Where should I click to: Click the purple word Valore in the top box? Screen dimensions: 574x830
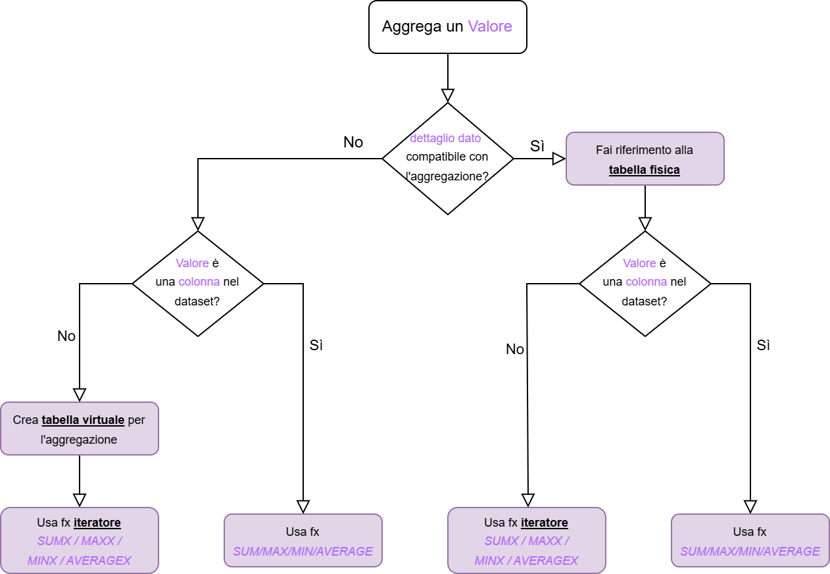(489, 27)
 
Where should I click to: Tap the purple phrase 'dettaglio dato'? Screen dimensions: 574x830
(445, 138)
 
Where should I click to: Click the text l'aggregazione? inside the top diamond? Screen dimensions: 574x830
(447, 176)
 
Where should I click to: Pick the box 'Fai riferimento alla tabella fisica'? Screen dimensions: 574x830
(645, 159)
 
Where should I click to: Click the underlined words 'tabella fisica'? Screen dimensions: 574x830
(644, 170)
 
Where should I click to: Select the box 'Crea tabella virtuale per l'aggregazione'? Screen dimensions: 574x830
(79, 429)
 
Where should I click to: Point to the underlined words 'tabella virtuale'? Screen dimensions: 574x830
(84, 420)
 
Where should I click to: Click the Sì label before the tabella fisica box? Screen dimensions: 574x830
(537, 146)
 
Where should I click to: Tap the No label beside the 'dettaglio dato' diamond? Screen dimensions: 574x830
(353, 142)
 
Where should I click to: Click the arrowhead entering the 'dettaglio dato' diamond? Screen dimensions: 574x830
(448, 95)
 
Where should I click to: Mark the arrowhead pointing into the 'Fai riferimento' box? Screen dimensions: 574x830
(559, 159)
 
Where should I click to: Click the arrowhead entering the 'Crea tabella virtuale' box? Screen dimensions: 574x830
(80, 395)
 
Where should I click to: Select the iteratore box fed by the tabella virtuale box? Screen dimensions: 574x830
(79, 540)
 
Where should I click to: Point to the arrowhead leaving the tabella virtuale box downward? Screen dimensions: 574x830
(80, 500)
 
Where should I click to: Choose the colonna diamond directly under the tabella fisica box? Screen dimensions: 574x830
(645, 284)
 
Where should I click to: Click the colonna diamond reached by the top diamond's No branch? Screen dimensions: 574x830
(198, 284)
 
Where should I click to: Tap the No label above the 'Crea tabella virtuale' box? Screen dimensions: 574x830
(66, 336)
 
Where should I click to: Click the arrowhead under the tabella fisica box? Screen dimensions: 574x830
(645, 224)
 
